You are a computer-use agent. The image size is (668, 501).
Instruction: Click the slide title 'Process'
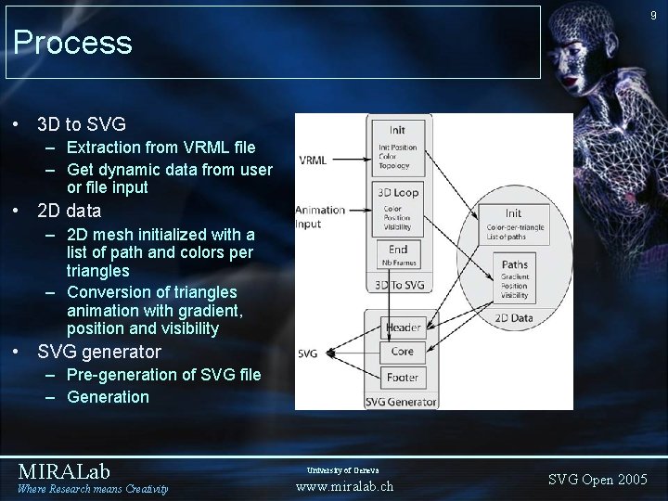click(73, 42)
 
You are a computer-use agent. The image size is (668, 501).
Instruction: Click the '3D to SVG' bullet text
click(82, 123)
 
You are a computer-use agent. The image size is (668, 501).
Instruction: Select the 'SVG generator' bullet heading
click(98, 352)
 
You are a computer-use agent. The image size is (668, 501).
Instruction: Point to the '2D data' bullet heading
click(69, 211)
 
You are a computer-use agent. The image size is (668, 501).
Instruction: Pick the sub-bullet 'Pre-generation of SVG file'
click(164, 375)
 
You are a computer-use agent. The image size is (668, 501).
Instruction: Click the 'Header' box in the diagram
click(402, 328)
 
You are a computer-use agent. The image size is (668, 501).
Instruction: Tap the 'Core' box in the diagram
click(402, 353)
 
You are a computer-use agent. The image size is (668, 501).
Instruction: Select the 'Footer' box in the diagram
click(402, 378)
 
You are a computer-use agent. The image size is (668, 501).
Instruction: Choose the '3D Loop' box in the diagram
click(398, 205)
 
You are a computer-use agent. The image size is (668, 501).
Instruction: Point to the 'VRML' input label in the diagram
click(312, 160)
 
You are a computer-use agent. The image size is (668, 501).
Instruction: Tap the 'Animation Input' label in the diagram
click(320, 216)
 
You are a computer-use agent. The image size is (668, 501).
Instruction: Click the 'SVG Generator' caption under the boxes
click(400, 400)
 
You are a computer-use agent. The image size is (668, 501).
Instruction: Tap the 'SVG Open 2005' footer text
click(597, 479)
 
